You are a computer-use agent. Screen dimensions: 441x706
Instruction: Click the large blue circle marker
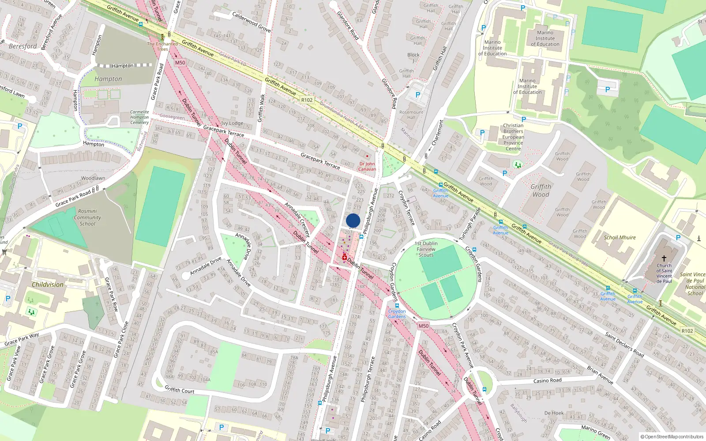pos(353,220)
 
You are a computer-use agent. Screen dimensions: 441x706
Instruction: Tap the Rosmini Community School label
pos(87,217)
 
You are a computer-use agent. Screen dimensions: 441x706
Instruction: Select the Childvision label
pos(48,284)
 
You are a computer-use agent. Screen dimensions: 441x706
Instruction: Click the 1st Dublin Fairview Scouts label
pos(426,249)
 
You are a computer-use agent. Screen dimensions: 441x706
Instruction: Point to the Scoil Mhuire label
pos(620,237)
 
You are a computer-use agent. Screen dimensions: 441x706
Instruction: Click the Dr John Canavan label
pos(367,166)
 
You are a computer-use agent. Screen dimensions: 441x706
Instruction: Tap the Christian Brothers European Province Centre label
pos(513,137)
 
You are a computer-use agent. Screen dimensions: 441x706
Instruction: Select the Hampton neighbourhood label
pos(108,79)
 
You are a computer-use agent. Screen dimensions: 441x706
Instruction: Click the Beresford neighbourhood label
pos(23,46)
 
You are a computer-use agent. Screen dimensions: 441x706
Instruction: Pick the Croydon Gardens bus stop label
pos(397,314)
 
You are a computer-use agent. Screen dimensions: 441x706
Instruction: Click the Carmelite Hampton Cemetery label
pos(139,117)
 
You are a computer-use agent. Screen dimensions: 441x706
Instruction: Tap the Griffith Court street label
pos(179,390)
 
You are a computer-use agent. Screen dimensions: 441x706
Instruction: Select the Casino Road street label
pos(547,381)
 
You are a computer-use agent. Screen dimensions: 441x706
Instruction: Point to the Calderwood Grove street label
pos(252,22)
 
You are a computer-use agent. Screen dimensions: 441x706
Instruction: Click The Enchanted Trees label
pos(162,46)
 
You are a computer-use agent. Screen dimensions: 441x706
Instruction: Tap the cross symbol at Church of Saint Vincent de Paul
pos(664,258)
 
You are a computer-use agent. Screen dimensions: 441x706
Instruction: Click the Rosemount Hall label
pos(411,115)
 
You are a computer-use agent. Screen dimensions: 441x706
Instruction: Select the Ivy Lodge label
pos(232,123)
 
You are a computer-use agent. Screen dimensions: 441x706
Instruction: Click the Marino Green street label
pos(596,433)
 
